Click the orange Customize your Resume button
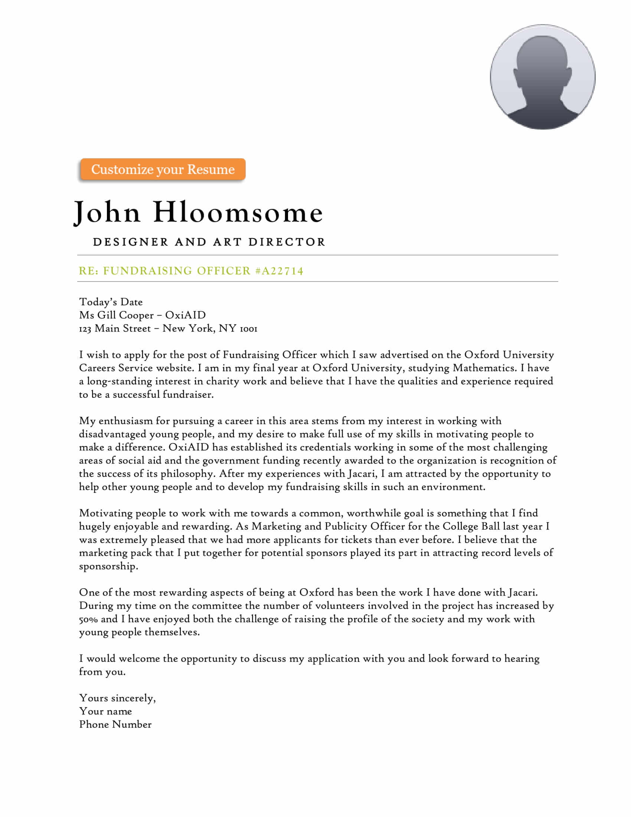pos(163,169)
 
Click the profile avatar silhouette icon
pos(542,77)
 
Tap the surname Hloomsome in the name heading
pos(238,212)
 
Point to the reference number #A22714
pos(279,271)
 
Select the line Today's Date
pos(111,302)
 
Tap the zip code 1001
pos(248,329)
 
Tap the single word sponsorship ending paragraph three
pos(108,566)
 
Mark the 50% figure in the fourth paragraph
pos(88,619)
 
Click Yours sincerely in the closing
pos(117,698)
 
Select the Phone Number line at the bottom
pos(115,725)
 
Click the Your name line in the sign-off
pos(105,711)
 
